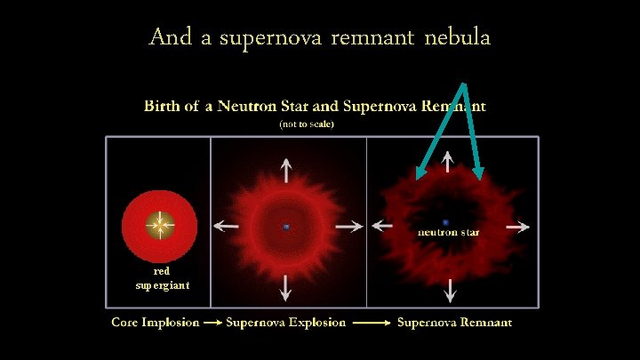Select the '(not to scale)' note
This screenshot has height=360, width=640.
tap(307, 124)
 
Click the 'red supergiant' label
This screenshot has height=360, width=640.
tap(161, 277)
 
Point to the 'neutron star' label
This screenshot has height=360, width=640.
tap(449, 232)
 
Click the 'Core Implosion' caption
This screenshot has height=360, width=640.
tap(155, 322)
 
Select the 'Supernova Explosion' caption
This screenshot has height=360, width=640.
tap(285, 322)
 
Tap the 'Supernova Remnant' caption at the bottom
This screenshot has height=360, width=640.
tap(454, 322)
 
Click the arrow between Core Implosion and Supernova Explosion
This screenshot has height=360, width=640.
tap(212, 323)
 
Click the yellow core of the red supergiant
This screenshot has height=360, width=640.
tap(159, 226)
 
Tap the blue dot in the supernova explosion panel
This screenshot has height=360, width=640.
tap(286, 227)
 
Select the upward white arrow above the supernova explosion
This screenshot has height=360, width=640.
tap(285, 170)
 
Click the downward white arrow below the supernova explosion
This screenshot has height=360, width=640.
tap(285, 286)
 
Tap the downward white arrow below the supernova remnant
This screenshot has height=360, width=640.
tap(450, 290)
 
